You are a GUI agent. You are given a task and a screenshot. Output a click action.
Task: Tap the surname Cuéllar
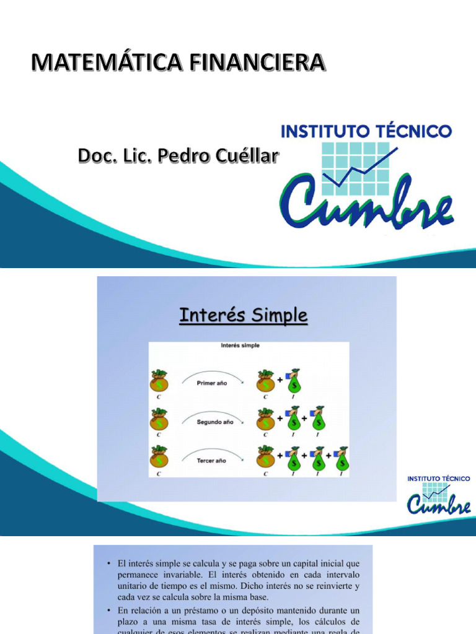(245, 156)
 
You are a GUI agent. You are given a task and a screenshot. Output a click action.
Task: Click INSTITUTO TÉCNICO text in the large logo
(367, 131)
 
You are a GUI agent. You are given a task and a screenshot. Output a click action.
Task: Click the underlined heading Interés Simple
(243, 315)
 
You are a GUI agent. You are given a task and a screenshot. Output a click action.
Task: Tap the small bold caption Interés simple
(240, 345)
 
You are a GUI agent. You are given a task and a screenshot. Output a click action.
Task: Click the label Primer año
(211, 383)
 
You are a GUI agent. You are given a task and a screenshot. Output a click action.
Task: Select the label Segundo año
(213, 422)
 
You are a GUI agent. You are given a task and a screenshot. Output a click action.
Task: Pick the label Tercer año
(211, 461)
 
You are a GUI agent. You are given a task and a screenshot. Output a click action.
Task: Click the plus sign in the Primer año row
(280, 380)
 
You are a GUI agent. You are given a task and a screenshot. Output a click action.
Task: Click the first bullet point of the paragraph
(108, 563)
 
